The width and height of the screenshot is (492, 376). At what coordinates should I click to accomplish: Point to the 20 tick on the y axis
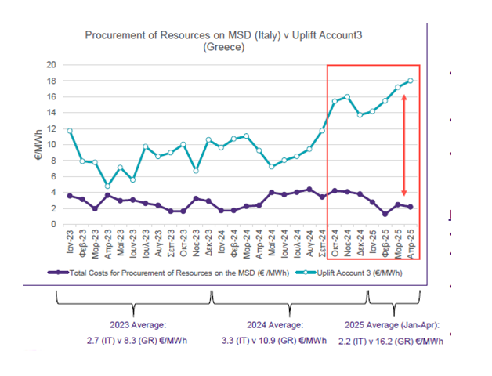point(52,64)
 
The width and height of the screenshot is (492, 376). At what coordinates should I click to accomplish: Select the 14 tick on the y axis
point(52,112)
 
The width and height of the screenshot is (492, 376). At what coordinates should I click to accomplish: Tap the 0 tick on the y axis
point(55,225)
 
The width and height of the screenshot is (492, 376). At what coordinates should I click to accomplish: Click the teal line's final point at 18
point(411,81)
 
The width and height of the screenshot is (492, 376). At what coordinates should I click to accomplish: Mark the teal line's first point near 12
point(71,131)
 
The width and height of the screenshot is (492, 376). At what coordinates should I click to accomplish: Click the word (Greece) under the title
point(225,47)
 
